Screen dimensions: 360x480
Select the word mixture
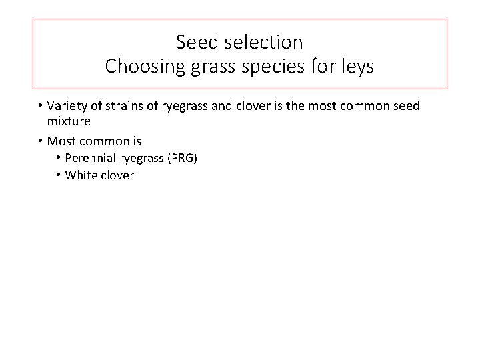tap(69, 121)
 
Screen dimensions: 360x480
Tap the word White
tap(80, 176)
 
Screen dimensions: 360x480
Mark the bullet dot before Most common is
tap(41, 141)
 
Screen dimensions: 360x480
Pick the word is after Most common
tap(136, 141)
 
